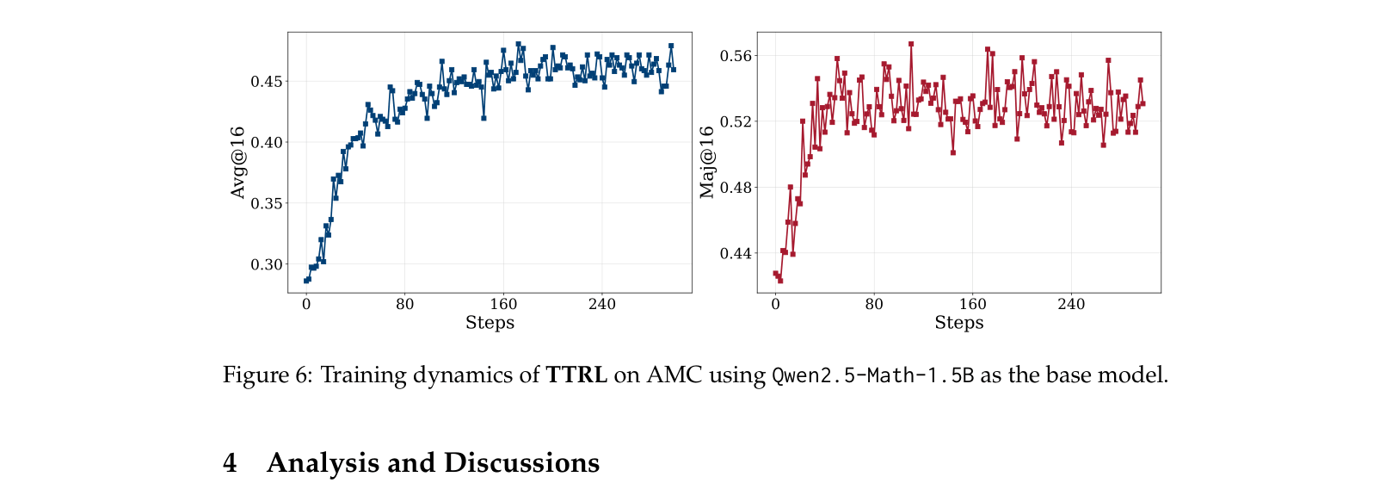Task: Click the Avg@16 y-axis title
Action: (x=238, y=163)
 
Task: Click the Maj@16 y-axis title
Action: (x=707, y=163)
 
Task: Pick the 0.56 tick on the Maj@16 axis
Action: (x=736, y=56)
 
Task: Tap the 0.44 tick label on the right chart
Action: (x=736, y=253)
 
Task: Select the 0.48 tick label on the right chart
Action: (x=736, y=188)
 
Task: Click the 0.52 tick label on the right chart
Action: (x=736, y=121)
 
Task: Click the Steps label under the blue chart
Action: (x=490, y=323)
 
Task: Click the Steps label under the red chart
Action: (x=958, y=323)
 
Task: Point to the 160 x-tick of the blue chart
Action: (x=503, y=304)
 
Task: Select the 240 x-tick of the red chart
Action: (x=1071, y=304)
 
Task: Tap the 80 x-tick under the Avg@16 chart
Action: (x=404, y=304)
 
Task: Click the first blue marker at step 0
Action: (x=306, y=281)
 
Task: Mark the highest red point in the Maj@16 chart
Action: (x=910, y=44)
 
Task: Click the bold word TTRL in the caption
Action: (x=576, y=375)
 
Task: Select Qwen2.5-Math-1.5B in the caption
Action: (x=872, y=375)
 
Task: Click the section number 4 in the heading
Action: (x=230, y=463)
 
